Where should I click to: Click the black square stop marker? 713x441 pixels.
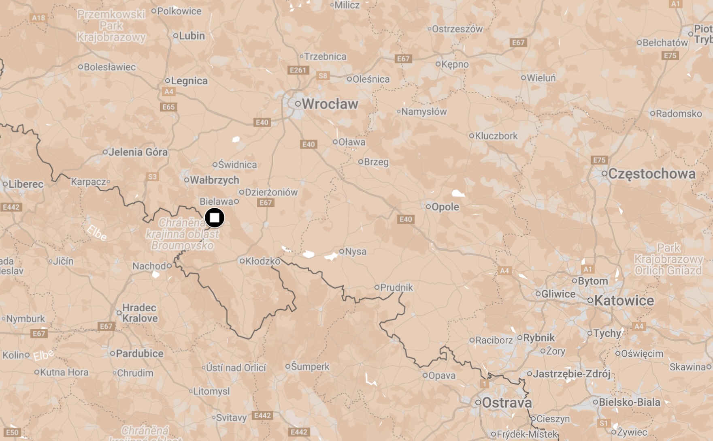214,218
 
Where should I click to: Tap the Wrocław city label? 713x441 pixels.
330,104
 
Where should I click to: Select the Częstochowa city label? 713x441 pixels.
651,174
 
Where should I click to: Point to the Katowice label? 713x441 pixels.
624,301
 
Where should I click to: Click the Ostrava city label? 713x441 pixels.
507,403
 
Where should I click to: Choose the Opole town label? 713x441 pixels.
445,207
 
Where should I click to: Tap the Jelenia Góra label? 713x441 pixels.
138,152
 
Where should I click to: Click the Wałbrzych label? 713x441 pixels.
214,180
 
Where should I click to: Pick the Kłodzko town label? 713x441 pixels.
262,261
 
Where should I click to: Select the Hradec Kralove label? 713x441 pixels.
140,313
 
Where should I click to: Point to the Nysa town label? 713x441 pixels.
355,251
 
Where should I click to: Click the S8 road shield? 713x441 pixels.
323,76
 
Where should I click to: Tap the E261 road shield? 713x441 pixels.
298,70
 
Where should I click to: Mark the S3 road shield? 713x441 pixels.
152,177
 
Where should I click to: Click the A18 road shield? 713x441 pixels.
38,18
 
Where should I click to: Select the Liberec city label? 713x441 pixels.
26,184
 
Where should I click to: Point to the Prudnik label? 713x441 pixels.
396,287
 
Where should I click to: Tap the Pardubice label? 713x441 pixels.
139,353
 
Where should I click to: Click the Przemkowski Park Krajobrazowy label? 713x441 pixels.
111,26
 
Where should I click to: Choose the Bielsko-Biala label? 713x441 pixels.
629,402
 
